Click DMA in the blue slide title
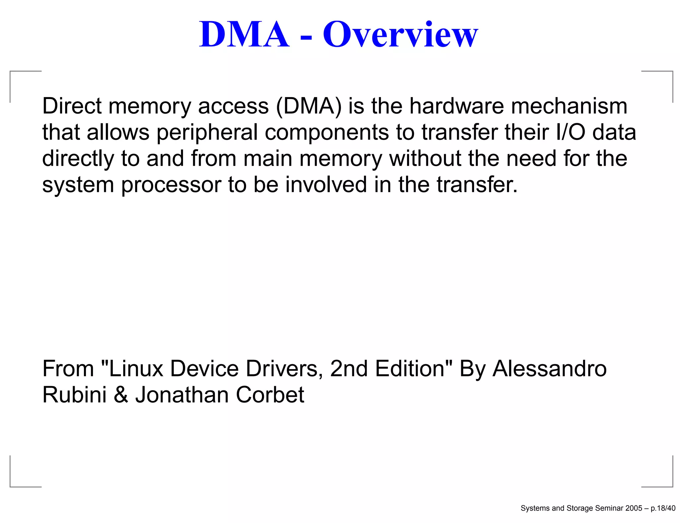244,35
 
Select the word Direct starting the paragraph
72,106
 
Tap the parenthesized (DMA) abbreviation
308,107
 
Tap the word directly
78,159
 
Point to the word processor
171,185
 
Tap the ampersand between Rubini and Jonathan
121,395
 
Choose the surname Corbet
270,395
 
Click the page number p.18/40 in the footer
663,508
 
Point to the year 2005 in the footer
634,508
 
